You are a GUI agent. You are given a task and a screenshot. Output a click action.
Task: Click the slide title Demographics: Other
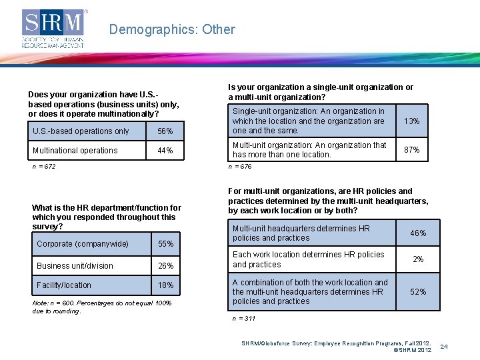172,29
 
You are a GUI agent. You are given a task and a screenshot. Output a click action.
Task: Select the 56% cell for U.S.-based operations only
165,131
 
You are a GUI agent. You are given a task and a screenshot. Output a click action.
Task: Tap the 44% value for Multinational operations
165,151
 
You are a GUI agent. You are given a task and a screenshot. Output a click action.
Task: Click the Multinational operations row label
75,151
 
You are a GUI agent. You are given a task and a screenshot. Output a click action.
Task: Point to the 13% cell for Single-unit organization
412,121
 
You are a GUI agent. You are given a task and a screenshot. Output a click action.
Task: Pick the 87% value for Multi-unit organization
412,150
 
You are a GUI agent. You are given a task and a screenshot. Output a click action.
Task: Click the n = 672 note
44,167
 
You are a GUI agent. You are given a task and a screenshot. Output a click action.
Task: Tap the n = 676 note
240,167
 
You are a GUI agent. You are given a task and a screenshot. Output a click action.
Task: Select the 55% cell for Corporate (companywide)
165,244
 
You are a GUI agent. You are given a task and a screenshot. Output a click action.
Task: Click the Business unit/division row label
75,266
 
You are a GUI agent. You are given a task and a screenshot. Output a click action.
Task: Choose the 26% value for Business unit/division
165,266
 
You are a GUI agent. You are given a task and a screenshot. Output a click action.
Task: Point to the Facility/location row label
64,285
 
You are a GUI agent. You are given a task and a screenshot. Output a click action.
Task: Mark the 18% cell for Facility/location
165,285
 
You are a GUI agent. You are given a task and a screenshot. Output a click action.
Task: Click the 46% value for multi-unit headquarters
418,233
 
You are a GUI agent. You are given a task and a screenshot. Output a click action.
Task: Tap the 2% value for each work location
418,259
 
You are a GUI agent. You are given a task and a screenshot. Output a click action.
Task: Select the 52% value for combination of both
418,292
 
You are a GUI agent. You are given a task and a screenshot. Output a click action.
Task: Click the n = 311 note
244,319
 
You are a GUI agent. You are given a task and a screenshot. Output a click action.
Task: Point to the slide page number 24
463,347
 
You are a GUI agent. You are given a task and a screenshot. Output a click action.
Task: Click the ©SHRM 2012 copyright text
412,350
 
